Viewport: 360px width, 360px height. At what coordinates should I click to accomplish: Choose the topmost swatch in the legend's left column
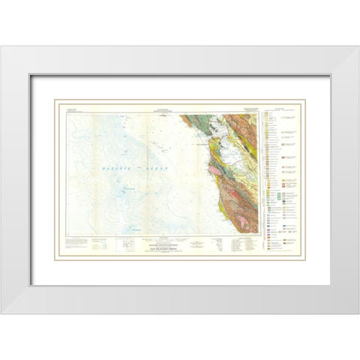coord(268,115)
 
